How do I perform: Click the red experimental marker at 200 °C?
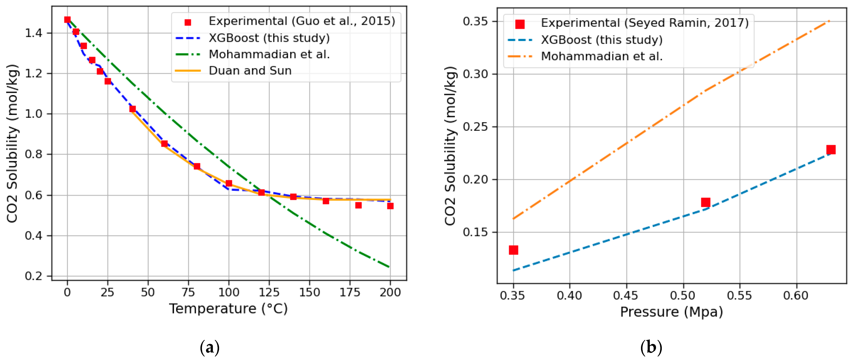[x=390, y=206]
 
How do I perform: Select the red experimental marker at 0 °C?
[x=67, y=20]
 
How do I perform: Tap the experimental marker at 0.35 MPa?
[x=513, y=250]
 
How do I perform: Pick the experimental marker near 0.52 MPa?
[x=706, y=202]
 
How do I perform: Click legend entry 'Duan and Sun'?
[x=250, y=71]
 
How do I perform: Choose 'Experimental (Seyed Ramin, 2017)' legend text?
[x=644, y=23]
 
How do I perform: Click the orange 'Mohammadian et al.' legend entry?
[x=602, y=56]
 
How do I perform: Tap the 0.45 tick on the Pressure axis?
[x=626, y=295]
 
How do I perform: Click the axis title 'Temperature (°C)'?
[x=229, y=309]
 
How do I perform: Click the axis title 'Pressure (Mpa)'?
[x=671, y=312]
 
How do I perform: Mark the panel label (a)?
[x=210, y=348]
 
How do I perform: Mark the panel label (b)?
[x=651, y=348]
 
